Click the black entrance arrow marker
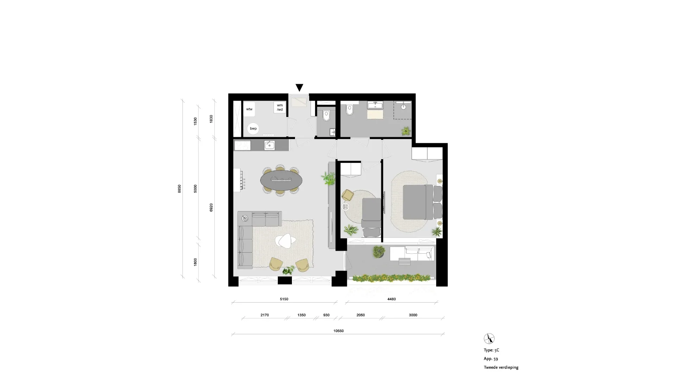299,88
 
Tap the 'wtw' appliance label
249,109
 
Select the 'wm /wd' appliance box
280,107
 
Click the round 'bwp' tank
253,128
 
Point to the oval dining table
281,180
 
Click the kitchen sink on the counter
270,145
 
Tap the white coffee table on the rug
286,241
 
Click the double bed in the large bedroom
418,202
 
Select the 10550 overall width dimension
338,331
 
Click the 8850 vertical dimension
179,189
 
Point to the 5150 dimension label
284,299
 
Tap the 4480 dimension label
392,299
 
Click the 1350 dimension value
301,315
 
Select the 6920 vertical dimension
211,207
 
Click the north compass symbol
489,338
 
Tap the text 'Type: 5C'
492,350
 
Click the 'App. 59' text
491,359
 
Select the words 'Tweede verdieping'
501,367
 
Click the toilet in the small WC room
326,115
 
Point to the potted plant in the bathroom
406,131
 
